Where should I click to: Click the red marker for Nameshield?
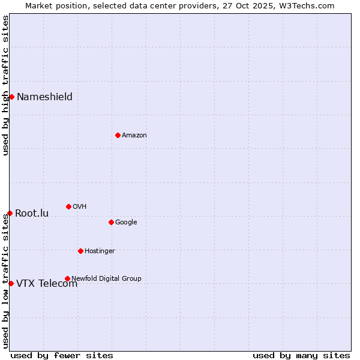11,97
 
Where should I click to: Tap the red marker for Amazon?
118,135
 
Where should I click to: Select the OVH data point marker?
68,206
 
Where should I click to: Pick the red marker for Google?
111,222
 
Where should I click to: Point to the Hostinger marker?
80,251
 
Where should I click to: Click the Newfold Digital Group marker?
67,278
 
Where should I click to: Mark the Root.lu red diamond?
10,213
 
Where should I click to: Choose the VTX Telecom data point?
11,283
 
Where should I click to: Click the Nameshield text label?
44,97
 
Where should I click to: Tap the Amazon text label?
134,136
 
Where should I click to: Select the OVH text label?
80,207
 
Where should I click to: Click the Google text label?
126,223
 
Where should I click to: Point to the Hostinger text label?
100,251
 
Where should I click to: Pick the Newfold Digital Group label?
106,278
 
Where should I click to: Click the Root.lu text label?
32,214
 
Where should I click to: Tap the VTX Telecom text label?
47,284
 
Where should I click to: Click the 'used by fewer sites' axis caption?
62,356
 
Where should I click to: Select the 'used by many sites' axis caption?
301,356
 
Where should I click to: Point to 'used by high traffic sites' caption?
5,85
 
